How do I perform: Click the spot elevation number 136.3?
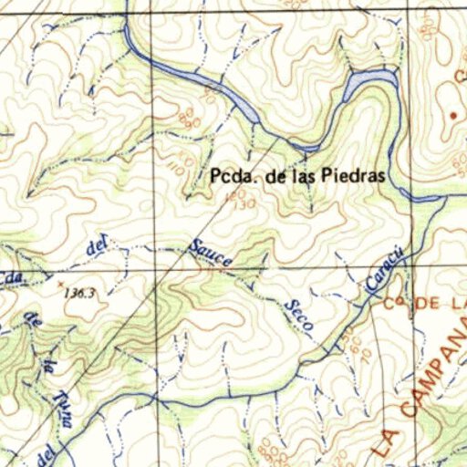click(x=81, y=293)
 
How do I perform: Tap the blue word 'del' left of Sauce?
click(x=95, y=246)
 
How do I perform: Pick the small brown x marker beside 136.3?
click(x=61, y=285)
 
